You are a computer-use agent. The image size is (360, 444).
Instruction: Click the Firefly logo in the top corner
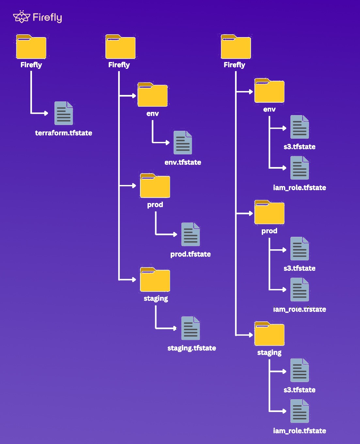tap(37, 17)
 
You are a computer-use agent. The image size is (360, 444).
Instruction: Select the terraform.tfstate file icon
tap(64, 113)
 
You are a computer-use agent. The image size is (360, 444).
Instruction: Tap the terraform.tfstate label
tap(64, 133)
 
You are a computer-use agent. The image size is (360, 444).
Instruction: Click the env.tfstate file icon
tap(183, 143)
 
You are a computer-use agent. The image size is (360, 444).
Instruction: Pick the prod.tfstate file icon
tap(191, 234)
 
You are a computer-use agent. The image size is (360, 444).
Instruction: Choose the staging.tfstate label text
tap(192, 348)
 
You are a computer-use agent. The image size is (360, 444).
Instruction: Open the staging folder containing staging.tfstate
tap(155, 280)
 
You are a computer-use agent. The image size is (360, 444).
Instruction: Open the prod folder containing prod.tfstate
tap(155, 186)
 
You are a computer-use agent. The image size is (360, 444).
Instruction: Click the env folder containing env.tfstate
tap(152, 95)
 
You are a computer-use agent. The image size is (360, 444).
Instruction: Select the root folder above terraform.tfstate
tap(31, 47)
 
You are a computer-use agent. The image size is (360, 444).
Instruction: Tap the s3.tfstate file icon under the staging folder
tap(300, 370)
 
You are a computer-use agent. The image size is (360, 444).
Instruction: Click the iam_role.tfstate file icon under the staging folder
tap(300, 411)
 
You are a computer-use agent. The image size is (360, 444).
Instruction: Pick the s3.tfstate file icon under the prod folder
tap(300, 249)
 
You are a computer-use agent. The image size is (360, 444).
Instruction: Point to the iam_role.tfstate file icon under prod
tap(300, 290)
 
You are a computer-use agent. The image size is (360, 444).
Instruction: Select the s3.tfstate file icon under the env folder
tap(300, 127)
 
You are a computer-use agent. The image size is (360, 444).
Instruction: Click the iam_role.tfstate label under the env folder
tap(300, 188)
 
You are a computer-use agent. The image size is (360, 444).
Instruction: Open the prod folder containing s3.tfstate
tap(269, 213)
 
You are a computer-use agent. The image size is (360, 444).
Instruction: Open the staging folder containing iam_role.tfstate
tap(269, 334)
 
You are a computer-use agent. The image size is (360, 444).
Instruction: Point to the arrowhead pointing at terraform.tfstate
tap(46, 113)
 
